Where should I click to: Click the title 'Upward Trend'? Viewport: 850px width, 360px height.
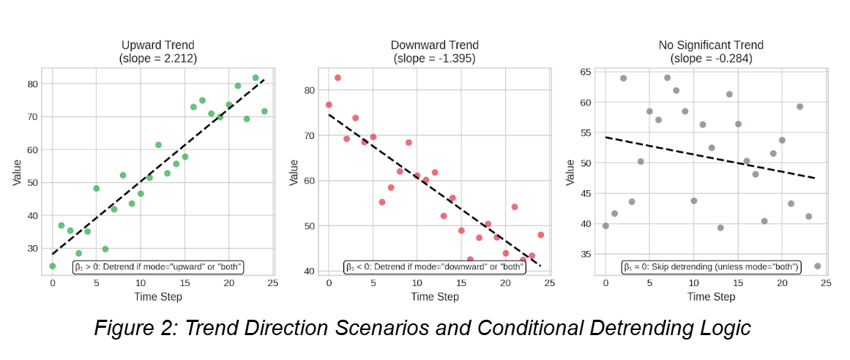click(x=158, y=46)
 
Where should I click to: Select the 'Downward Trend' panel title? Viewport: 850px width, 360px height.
click(x=434, y=46)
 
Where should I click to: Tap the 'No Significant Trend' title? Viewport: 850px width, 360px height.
click(x=711, y=46)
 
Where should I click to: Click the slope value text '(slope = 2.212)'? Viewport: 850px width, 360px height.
click(x=158, y=59)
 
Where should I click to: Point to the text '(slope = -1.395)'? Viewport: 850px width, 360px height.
click(x=434, y=59)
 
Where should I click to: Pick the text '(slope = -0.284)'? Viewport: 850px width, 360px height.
click(x=711, y=59)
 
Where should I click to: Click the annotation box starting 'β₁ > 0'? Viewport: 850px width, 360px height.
click(x=158, y=267)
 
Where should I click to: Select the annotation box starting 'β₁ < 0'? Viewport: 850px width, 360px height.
click(x=435, y=267)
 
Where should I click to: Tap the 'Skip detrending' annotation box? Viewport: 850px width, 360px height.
click(x=711, y=267)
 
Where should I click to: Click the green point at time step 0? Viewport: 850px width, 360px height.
click(x=53, y=266)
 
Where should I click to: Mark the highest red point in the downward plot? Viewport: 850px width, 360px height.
click(x=338, y=78)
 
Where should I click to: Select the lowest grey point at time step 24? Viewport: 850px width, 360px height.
click(x=817, y=266)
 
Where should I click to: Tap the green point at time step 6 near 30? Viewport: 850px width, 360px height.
click(x=105, y=250)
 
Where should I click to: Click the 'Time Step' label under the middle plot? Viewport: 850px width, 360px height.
click(x=435, y=296)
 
